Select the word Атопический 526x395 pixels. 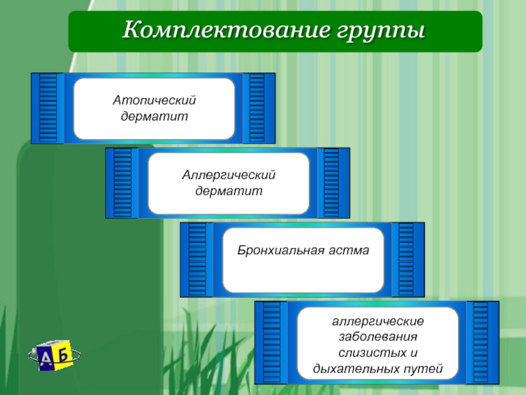(155, 101)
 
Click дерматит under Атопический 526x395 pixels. (155, 116)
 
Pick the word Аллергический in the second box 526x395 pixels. (229, 176)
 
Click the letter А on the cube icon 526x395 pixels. (45, 357)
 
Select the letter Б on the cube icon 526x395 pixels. (63, 354)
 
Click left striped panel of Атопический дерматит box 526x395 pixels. (48, 108)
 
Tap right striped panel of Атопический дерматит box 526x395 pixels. (257, 108)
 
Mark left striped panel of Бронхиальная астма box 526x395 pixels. (197, 259)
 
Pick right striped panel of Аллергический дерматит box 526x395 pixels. (331, 183)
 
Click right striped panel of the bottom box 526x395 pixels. (481, 342)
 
